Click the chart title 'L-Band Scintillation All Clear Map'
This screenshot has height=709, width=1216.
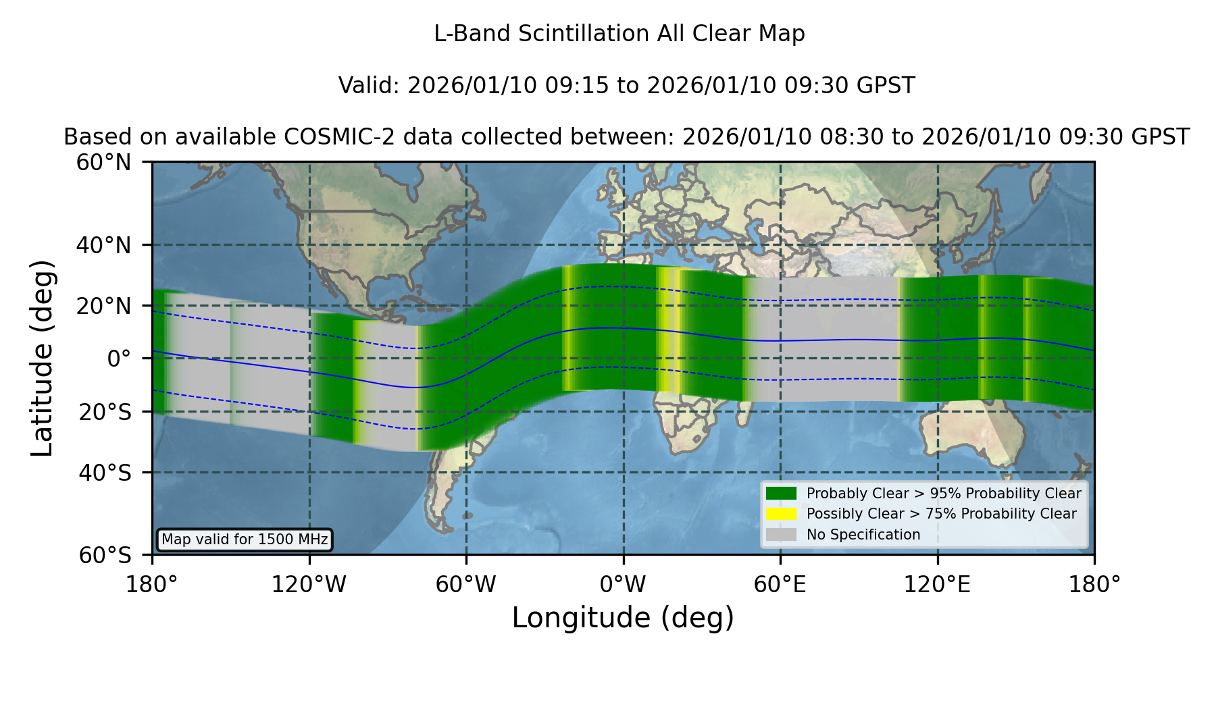619,34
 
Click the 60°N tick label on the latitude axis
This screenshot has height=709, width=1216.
104,162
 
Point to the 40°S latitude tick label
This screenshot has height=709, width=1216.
105,473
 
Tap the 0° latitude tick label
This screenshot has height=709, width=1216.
119,359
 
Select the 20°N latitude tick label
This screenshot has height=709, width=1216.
104,306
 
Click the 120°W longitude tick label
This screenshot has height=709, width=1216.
309,585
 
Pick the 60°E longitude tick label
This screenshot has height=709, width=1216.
780,585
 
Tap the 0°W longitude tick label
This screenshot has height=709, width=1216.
623,585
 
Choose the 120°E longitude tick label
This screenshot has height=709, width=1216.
937,585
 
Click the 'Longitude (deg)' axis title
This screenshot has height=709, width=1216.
623,618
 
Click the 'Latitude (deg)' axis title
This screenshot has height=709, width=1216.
42,358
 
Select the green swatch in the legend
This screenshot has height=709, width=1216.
781,493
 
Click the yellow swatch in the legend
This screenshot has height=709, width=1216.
781,514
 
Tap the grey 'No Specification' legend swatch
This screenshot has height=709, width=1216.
781,535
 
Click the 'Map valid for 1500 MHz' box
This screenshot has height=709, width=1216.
245,540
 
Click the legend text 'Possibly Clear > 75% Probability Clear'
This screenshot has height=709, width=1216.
941,514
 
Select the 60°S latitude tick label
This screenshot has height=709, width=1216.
105,556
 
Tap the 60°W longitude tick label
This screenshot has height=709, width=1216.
466,585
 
